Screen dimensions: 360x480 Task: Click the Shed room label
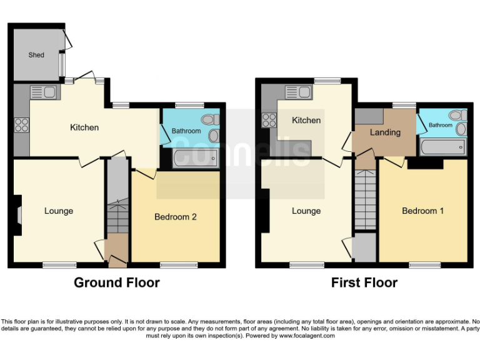coord(36,55)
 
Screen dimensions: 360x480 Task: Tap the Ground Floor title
coord(117,282)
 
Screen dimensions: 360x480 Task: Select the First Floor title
coord(364,282)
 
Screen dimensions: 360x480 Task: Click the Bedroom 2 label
coord(176,217)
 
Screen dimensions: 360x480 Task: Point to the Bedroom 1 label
coord(422,211)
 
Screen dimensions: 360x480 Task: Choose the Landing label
coord(385,132)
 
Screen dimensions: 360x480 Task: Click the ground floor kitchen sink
coord(44,92)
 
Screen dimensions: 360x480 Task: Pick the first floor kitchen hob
coord(269,119)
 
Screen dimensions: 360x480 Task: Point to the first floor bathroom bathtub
coord(443,147)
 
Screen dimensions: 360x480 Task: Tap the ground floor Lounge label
coord(59,211)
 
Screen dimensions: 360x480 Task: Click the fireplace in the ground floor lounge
coord(17,215)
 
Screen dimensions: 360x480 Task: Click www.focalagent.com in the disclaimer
coord(306,336)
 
